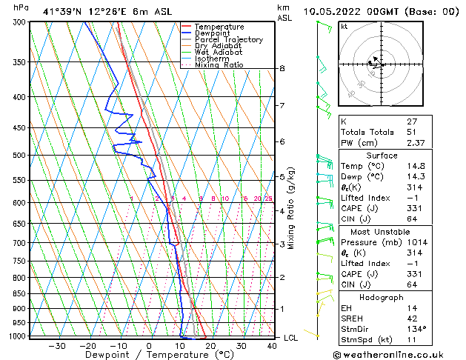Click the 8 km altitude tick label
point(282,69)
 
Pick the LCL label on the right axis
point(292,338)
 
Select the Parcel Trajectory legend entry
point(228,40)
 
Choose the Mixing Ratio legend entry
point(219,64)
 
